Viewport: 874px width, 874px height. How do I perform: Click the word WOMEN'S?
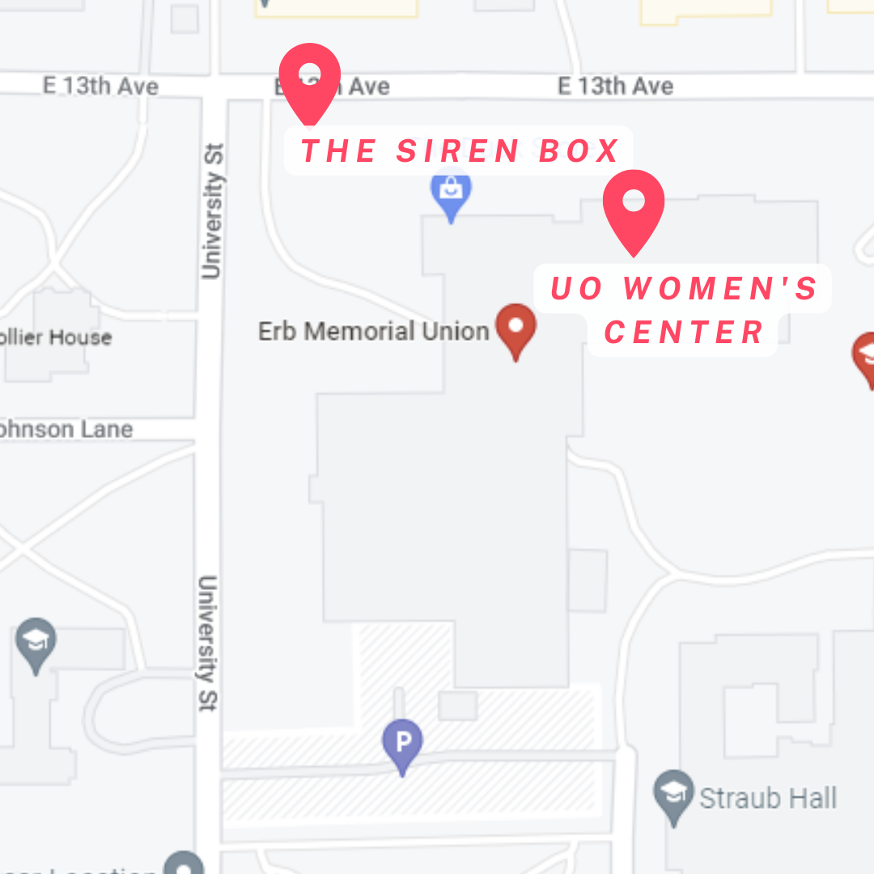tap(721, 289)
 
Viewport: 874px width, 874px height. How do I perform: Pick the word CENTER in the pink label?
tap(684, 332)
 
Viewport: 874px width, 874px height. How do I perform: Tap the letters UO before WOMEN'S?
tap(577, 289)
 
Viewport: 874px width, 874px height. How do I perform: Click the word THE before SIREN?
tap(338, 151)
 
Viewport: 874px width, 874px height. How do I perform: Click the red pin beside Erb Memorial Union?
tap(515, 329)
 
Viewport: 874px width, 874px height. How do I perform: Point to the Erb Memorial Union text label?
tap(373, 331)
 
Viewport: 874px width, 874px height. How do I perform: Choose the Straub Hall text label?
tap(767, 799)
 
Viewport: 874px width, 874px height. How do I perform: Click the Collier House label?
tap(57, 337)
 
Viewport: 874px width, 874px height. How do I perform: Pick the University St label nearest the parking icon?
tap(208, 643)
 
